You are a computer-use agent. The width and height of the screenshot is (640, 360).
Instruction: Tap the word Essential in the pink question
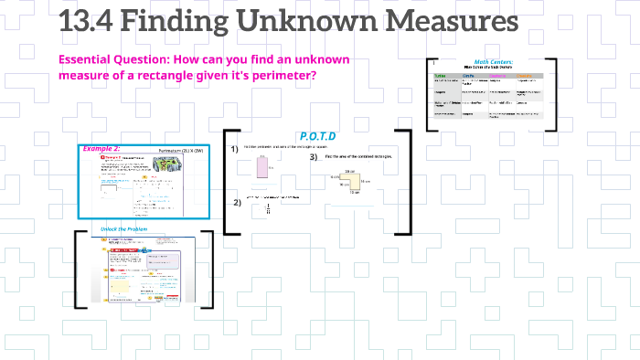(x=90, y=59)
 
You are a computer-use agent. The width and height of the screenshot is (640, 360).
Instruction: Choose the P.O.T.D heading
(x=317, y=136)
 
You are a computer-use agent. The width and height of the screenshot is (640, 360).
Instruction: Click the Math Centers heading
(x=493, y=62)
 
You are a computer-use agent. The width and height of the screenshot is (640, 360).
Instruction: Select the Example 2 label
(x=102, y=148)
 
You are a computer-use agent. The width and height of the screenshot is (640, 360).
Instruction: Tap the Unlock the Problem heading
(x=125, y=228)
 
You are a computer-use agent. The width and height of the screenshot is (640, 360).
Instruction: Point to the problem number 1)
(x=235, y=149)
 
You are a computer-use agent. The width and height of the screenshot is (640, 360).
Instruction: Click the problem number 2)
(x=236, y=203)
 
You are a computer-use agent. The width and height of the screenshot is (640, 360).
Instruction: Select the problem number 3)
(x=314, y=157)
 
